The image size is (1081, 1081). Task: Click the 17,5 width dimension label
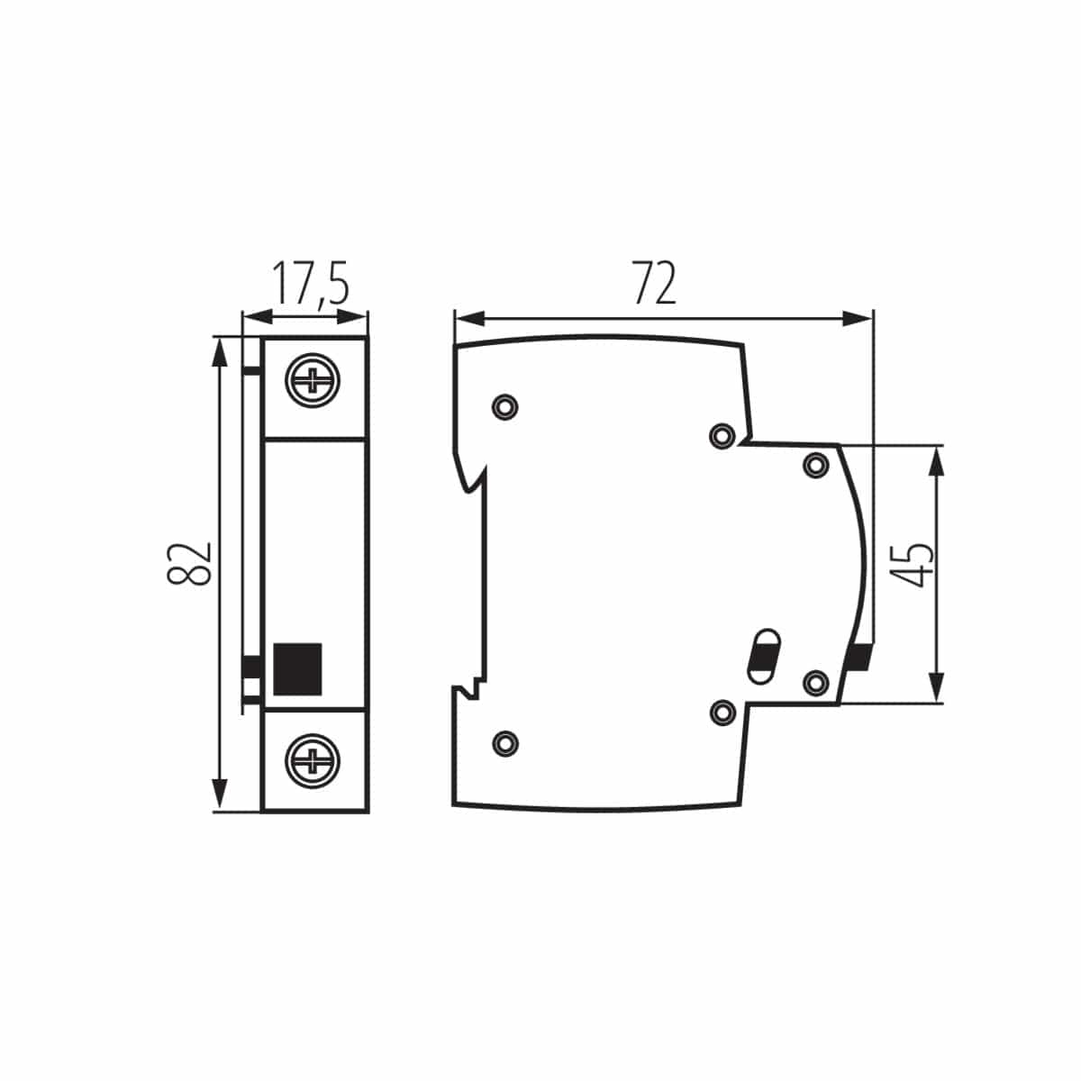[x=310, y=285]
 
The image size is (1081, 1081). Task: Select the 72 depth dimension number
[x=653, y=284]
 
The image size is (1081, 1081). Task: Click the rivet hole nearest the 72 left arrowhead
[x=505, y=406]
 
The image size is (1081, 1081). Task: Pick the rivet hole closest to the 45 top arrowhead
[x=815, y=465]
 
